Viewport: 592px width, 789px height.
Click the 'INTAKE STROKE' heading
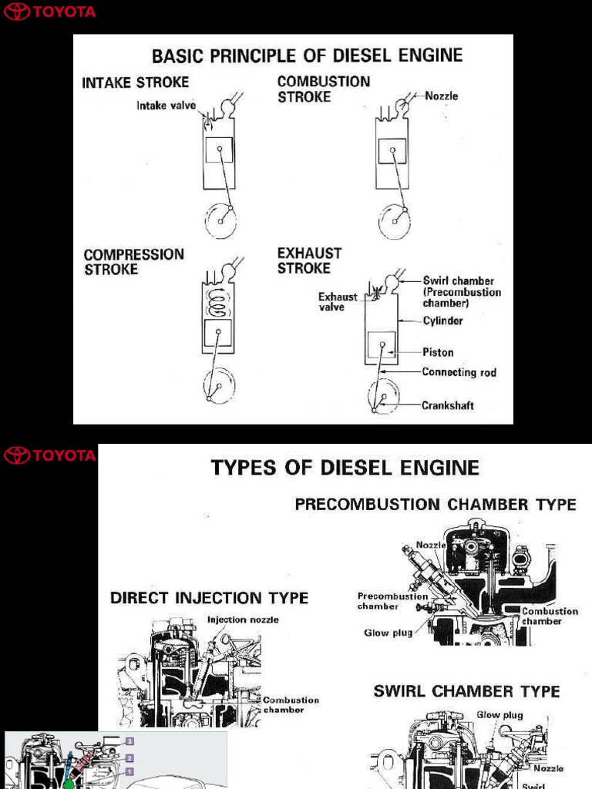(x=135, y=82)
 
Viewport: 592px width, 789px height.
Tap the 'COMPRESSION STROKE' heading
(x=133, y=262)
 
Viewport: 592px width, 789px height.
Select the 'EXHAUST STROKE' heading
(x=309, y=260)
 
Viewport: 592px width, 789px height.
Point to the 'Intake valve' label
(x=166, y=106)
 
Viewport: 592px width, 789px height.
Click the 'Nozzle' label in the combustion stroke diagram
(x=442, y=96)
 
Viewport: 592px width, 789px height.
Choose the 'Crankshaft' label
(x=448, y=405)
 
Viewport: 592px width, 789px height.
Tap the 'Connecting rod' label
(x=459, y=373)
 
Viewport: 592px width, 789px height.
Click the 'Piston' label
(x=438, y=352)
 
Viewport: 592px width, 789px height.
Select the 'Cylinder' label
(x=442, y=321)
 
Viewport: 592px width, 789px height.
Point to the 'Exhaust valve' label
(x=338, y=301)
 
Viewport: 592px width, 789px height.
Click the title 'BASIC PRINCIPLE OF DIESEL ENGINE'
(x=307, y=55)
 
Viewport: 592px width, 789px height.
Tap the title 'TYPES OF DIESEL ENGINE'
(x=345, y=468)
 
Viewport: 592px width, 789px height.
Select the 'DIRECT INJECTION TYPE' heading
(x=209, y=598)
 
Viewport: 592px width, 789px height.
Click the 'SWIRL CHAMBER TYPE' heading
(x=466, y=691)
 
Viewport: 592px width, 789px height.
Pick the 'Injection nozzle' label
(x=243, y=619)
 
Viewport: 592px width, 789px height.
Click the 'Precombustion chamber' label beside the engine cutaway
(x=392, y=601)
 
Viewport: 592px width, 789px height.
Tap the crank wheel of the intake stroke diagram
(x=220, y=220)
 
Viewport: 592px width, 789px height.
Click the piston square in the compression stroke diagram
(x=218, y=333)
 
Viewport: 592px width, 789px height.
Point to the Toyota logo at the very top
(x=50, y=12)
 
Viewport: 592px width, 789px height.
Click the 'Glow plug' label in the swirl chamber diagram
(x=499, y=715)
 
